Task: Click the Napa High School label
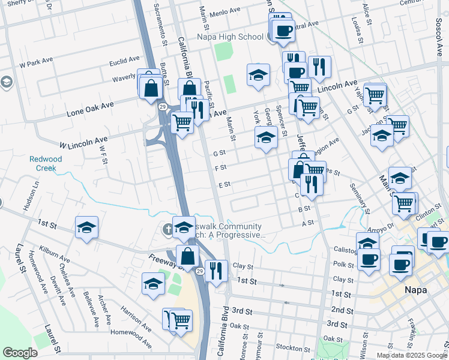(x=231, y=37)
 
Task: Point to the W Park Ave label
(x=37, y=63)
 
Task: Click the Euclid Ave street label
(x=124, y=61)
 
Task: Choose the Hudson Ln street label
(x=27, y=196)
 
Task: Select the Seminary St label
(x=359, y=199)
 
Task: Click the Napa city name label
(x=414, y=290)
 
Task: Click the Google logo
(x=20, y=353)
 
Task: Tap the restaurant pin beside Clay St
(x=216, y=271)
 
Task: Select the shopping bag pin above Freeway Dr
(x=188, y=256)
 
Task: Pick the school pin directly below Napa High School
(x=258, y=76)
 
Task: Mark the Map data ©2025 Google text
(x=411, y=355)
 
